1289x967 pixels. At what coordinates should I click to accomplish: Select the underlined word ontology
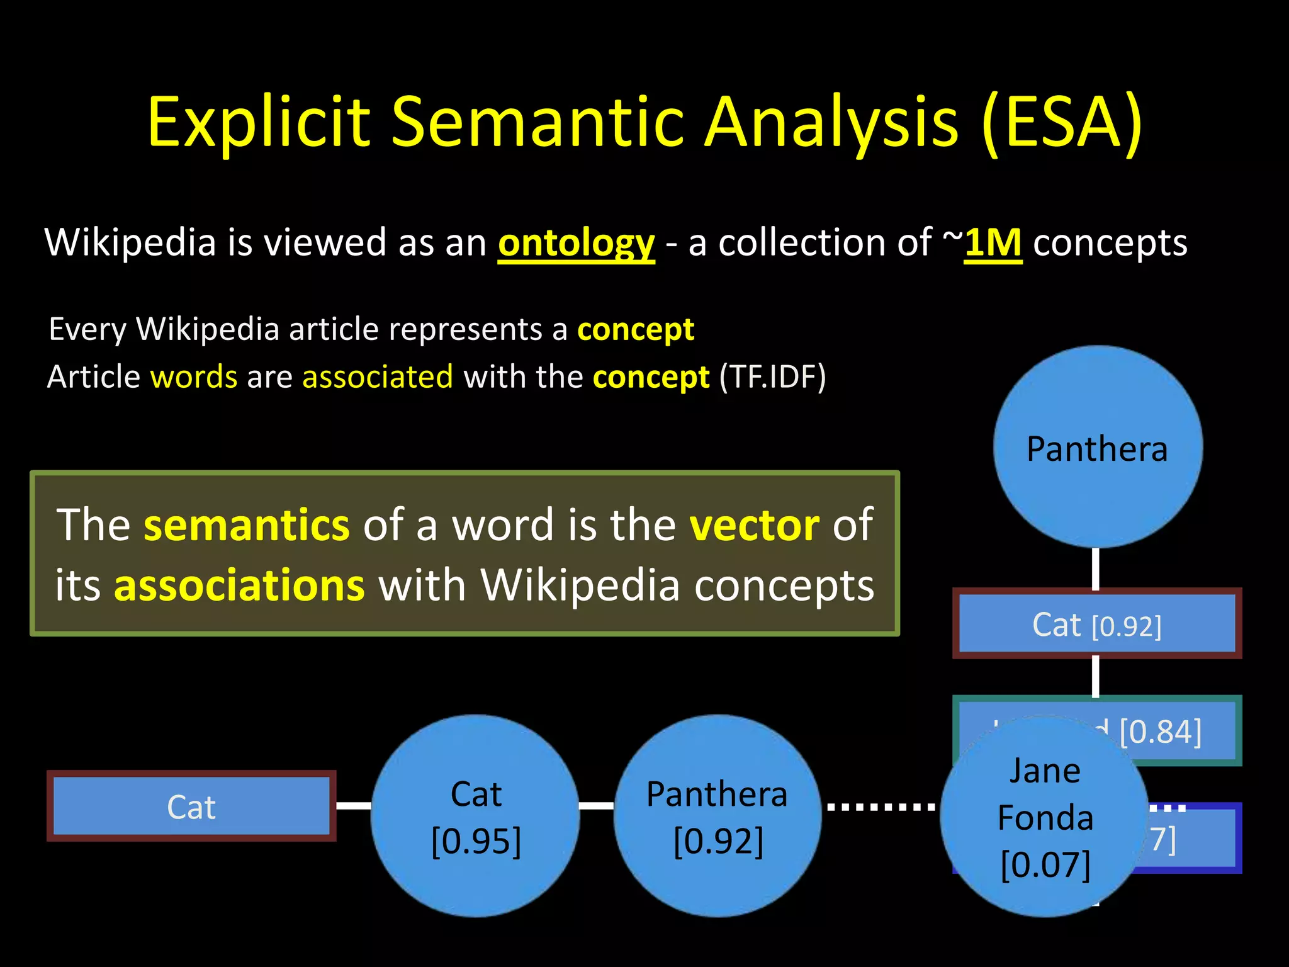pyautogui.click(x=576, y=243)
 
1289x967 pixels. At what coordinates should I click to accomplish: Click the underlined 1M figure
pyautogui.click(x=993, y=243)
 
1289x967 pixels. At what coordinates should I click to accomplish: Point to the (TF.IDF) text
pyautogui.click(x=772, y=377)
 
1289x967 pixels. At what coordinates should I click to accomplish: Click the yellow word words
pyautogui.click(x=194, y=377)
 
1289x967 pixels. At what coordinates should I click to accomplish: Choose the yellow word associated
pyautogui.click(x=378, y=377)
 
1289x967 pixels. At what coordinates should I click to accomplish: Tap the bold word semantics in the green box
pyautogui.click(x=246, y=524)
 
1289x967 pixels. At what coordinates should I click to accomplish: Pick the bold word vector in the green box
pyautogui.click(x=754, y=524)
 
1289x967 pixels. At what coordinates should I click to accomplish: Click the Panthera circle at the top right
pyautogui.click(x=1097, y=447)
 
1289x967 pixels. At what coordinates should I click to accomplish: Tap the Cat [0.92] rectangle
pyautogui.click(x=1097, y=625)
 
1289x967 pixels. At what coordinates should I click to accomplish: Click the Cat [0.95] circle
pyautogui.click(x=476, y=816)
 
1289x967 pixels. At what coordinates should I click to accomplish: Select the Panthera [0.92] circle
pyautogui.click(x=717, y=816)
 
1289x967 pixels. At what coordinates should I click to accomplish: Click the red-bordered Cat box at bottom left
pyautogui.click(x=191, y=806)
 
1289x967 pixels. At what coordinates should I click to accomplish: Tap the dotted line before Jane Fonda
pyautogui.click(x=881, y=806)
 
